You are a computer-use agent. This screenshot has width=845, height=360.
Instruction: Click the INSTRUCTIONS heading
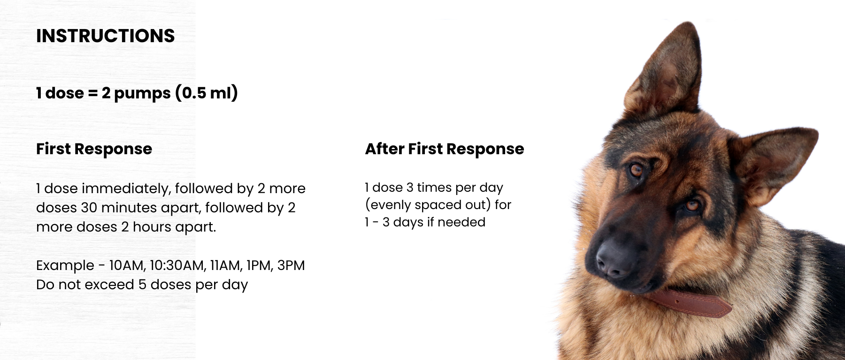106,36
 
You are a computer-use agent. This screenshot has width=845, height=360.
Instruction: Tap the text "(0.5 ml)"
207,93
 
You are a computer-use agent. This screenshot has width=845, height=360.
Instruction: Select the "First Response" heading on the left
94,149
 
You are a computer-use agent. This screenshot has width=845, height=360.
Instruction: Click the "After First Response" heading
445,149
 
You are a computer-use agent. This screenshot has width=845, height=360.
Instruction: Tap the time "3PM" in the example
291,265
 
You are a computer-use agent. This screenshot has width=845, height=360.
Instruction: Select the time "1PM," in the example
260,266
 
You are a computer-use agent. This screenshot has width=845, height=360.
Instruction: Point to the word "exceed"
113,285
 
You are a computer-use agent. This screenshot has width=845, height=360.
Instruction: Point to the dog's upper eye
637,170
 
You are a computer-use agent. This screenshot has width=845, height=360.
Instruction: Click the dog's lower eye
691,205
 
